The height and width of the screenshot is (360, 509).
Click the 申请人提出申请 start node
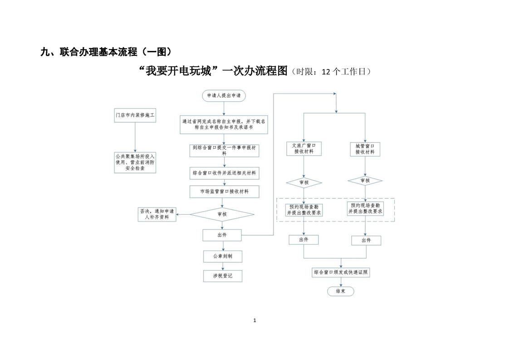(224, 95)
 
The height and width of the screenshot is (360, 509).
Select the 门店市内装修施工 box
(135, 115)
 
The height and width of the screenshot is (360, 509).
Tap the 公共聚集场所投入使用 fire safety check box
(135, 163)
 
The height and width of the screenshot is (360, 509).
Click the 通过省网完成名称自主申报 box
(224, 124)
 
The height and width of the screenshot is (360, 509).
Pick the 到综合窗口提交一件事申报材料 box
(224, 150)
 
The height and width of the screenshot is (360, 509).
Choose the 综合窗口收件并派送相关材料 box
(224, 173)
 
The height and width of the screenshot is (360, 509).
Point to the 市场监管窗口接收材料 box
(224, 192)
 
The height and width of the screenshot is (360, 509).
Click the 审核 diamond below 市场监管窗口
(222, 214)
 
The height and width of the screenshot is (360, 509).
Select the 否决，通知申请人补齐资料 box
(157, 214)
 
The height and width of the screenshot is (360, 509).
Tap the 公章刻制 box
(223, 256)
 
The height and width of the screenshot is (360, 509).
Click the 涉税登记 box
(223, 276)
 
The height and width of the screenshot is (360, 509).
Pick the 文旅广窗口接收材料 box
(304, 149)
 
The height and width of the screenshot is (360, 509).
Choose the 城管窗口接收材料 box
(365, 149)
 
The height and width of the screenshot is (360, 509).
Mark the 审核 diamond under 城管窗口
(365, 181)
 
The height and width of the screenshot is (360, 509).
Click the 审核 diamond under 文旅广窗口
(304, 182)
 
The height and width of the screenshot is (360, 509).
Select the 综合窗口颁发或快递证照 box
(341, 272)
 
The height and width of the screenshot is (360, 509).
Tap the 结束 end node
(341, 291)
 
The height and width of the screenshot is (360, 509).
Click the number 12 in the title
(326, 72)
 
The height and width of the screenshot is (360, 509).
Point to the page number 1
(254, 321)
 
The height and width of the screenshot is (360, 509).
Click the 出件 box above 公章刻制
(222, 235)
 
